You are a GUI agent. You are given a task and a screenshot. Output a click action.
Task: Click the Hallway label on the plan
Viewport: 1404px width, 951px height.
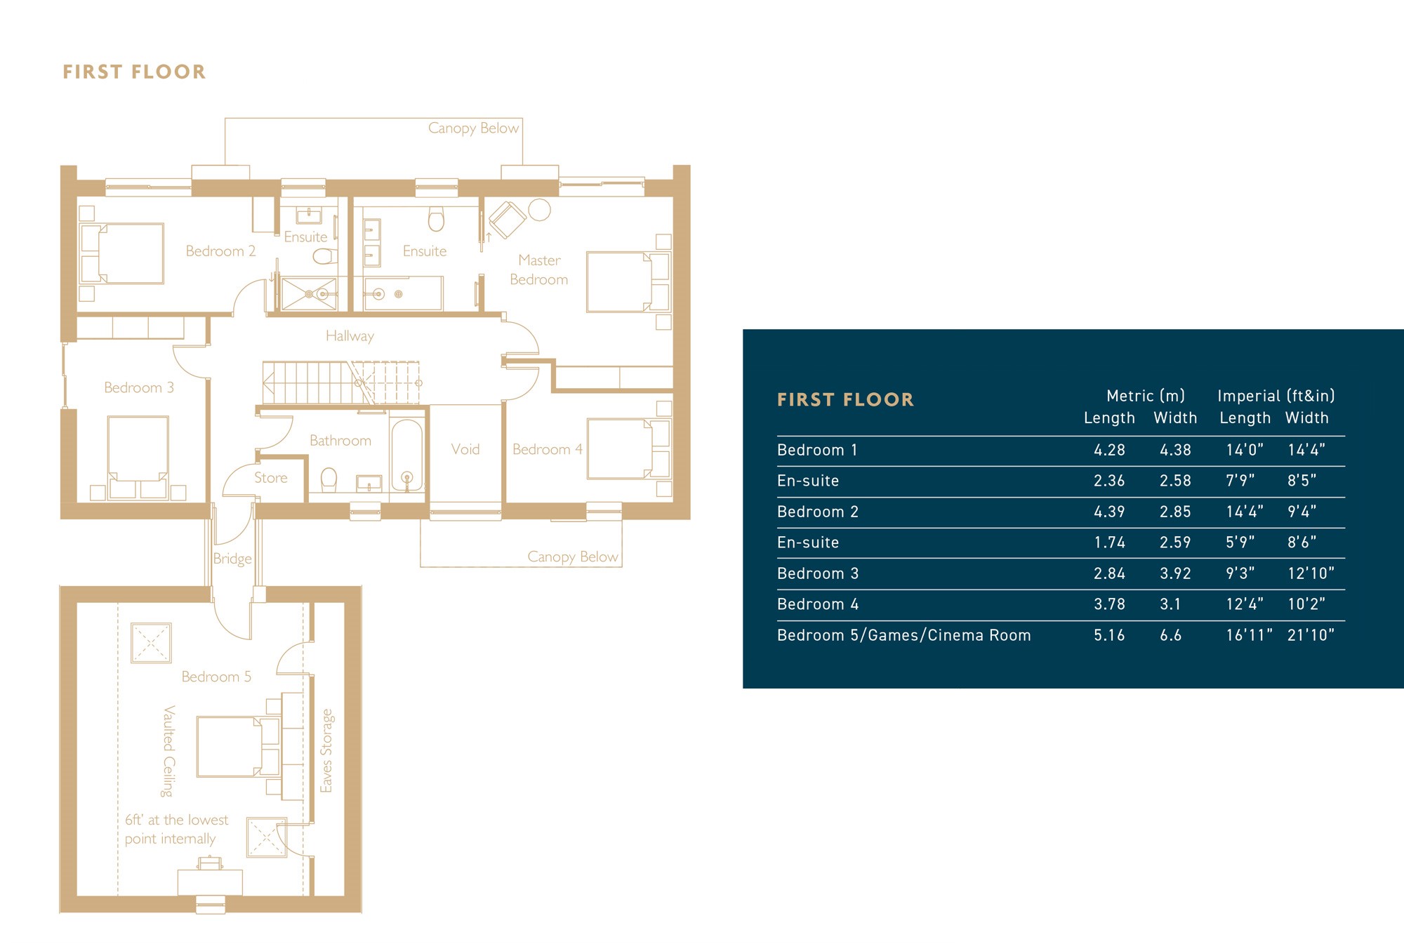[350, 336]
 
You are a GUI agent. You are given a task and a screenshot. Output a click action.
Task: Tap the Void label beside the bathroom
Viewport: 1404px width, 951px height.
[465, 449]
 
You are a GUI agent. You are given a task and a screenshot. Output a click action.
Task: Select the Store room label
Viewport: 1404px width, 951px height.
[271, 478]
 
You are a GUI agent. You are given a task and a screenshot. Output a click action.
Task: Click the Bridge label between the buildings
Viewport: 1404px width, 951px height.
[232, 559]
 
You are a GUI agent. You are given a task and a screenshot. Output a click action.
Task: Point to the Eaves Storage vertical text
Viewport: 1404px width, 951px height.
[326, 751]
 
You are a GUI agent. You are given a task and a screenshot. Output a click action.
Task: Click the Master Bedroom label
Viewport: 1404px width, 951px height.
[539, 270]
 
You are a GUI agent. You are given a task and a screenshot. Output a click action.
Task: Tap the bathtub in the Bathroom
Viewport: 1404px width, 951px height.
[407, 455]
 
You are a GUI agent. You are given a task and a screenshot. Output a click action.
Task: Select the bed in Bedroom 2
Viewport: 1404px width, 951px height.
[122, 253]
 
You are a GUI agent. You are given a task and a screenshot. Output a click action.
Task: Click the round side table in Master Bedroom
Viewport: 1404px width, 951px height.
[539, 210]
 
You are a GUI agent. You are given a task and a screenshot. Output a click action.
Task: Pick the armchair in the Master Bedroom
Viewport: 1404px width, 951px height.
[507, 219]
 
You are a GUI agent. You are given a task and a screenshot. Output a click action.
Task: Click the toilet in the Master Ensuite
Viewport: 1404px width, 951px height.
[436, 219]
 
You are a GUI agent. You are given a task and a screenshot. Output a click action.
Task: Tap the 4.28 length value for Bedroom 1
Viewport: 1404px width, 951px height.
[1109, 450]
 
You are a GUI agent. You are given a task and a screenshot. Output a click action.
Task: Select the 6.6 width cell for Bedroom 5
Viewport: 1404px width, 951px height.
[1170, 635]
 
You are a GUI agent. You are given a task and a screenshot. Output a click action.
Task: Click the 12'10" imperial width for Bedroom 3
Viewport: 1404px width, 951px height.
[1311, 573]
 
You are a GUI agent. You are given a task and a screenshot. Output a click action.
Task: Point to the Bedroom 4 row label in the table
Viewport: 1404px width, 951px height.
[818, 604]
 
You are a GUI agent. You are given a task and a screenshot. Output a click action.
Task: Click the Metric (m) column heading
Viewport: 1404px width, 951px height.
[1146, 396]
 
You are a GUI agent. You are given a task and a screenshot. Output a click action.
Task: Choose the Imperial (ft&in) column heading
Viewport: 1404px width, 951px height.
[1276, 396]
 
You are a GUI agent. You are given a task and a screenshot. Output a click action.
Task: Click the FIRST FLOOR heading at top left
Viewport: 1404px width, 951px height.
[134, 72]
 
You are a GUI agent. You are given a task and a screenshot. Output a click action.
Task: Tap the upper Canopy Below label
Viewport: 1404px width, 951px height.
[474, 128]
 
